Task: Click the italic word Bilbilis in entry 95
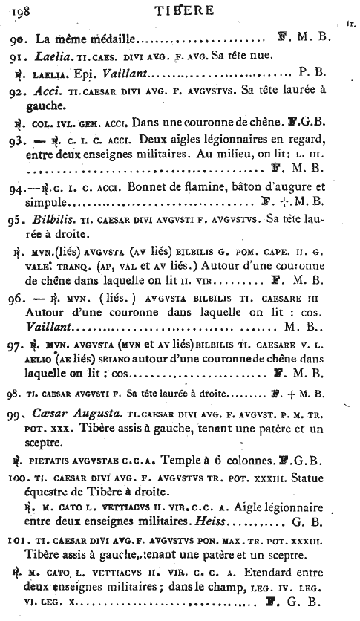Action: coord(56,242)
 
